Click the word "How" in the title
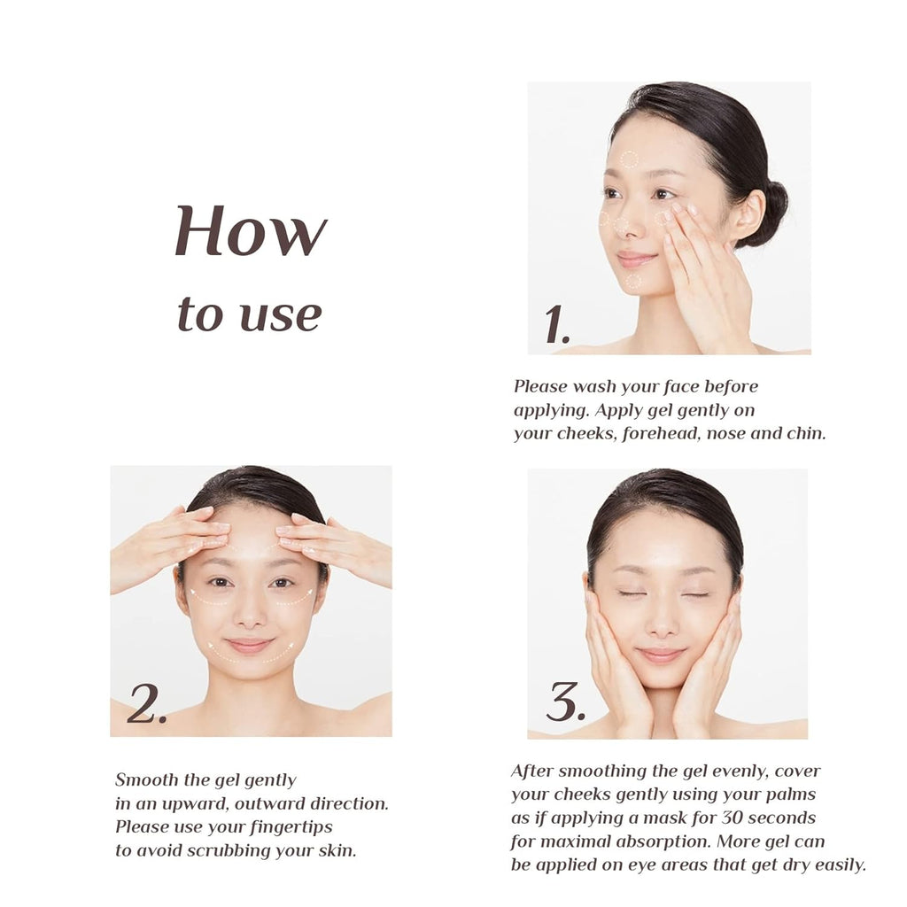251,231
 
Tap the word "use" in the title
281,316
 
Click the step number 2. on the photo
147,704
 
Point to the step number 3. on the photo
565,702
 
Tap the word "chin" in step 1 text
806,433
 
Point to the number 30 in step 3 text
733,818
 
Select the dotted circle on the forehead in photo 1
630,159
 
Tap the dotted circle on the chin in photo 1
634,282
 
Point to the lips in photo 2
249,645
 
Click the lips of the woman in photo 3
661,655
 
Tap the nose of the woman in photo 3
662,622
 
